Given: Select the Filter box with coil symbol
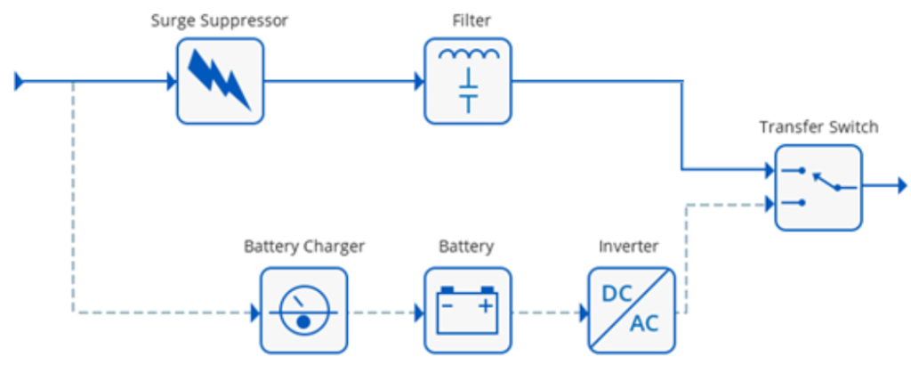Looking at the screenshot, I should point(468,81).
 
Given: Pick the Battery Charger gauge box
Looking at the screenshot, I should point(303,312).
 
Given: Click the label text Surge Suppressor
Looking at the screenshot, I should point(219,20).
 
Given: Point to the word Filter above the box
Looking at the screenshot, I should point(468,20).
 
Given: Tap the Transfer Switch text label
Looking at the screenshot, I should point(818,127).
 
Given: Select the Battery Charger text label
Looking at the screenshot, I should point(304,246).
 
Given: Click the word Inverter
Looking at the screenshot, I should point(629,246).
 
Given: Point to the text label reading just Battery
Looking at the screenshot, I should point(466,246).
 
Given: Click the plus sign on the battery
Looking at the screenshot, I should point(486,307).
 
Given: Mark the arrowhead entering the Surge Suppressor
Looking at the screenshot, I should point(172,83).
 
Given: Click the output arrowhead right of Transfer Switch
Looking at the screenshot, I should point(900,187).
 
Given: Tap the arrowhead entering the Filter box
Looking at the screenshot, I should point(419,83).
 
